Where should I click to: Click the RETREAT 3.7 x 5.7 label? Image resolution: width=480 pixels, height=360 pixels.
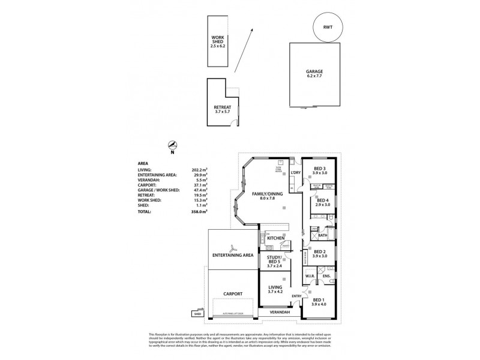pos(223,109)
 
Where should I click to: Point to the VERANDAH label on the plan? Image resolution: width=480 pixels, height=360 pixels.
pos(280,312)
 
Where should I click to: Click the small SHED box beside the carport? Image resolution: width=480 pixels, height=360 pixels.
pos(196,313)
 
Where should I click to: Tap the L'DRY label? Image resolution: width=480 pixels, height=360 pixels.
pos(295,173)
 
